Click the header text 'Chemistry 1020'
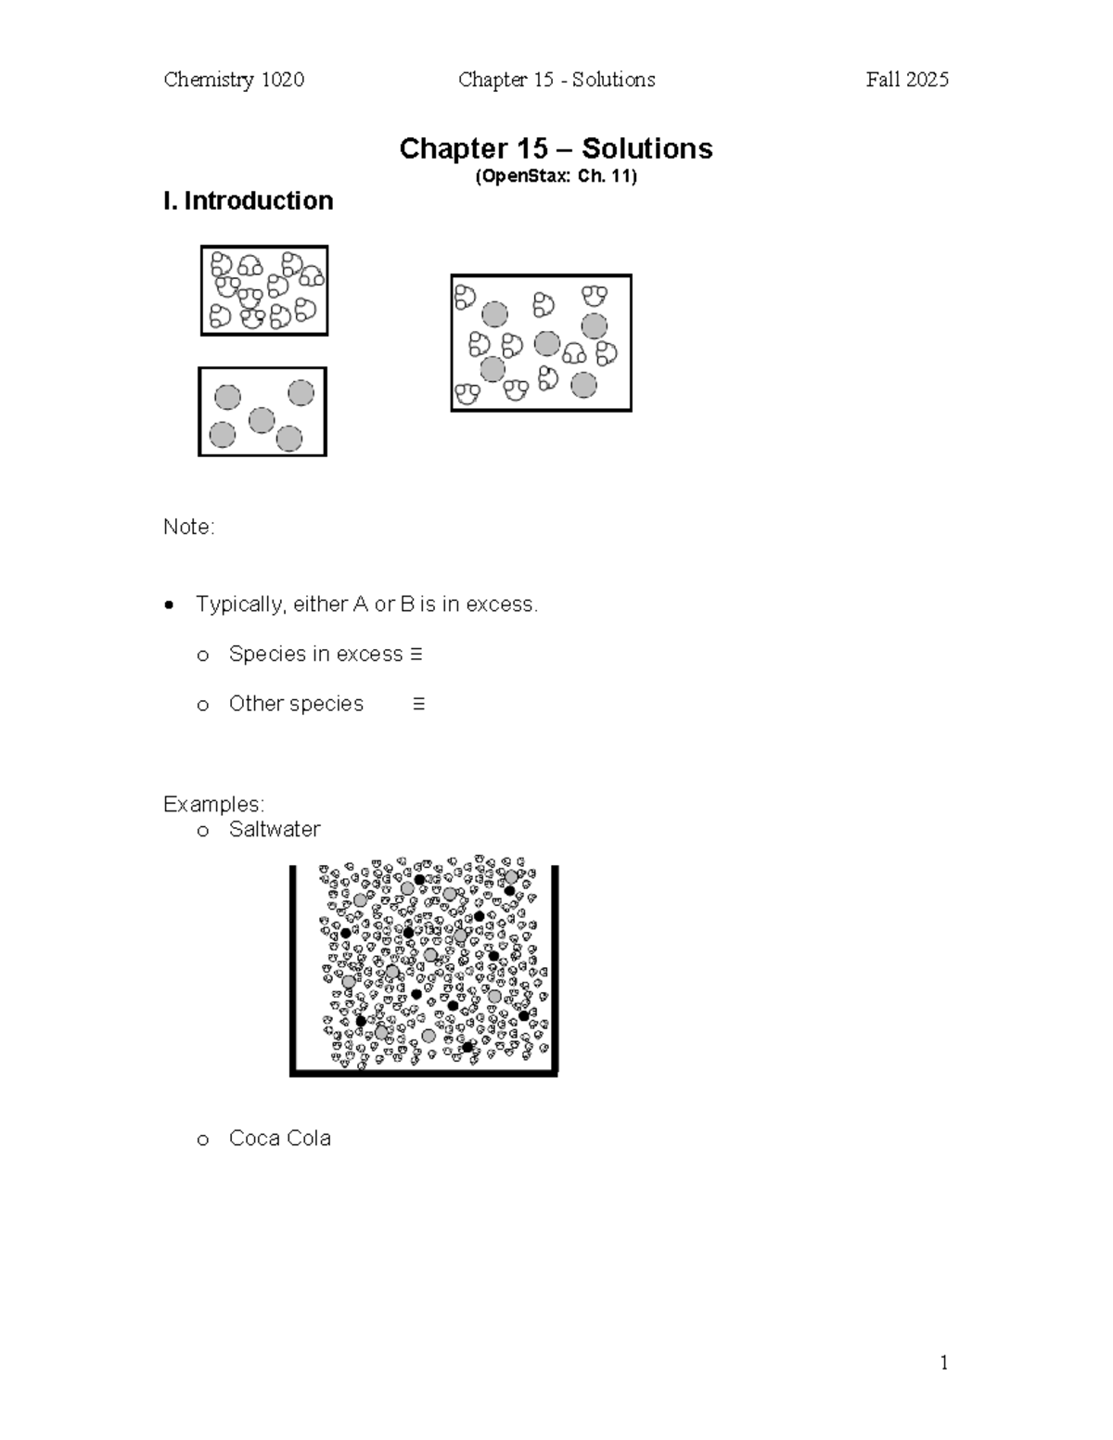click(x=234, y=80)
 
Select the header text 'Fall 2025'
click(x=906, y=80)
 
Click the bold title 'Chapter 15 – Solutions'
click(x=556, y=148)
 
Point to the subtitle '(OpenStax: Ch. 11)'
click(x=556, y=176)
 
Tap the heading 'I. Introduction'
click(x=248, y=201)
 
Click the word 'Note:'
click(x=188, y=527)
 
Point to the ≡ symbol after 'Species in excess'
click(x=416, y=655)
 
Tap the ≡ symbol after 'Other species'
click(x=418, y=705)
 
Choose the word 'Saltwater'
click(x=275, y=829)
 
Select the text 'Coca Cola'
click(x=279, y=1139)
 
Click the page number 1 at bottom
click(x=943, y=1362)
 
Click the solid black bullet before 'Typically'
click(x=169, y=605)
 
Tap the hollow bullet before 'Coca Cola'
click(x=203, y=1141)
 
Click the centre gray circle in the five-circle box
click(x=262, y=420)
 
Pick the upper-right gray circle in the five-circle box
click(x=301, y=393)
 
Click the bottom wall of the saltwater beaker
click(x=424, y=1073)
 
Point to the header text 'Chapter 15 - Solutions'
click(x=556, y=80)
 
